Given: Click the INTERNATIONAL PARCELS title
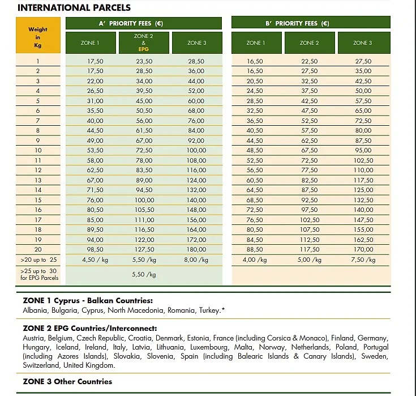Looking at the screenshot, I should (x=75, y=7).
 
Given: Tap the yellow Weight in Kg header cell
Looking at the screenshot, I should (x=38, y=37).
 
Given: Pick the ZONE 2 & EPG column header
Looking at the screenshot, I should (x=144, y=42).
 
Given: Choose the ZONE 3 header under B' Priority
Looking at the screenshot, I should (x=363, y=42).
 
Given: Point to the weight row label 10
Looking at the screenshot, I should (x=38, y=150).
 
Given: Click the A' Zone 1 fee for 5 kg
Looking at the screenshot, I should (x=95, y=100).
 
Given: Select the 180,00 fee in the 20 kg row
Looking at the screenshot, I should (x=196, y=249).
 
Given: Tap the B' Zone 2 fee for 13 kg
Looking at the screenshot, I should (x=310, y=180).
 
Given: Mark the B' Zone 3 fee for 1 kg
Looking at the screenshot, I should (x=363, y=61).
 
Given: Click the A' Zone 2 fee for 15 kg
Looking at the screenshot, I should (x=144, y=199).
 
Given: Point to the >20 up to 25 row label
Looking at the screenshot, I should (x=38, y=259).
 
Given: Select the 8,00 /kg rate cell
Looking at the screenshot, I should (x=196, y=259).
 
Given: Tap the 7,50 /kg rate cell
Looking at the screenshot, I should (x=363, y=259).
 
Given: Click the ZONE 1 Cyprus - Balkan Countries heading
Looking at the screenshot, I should (x=88, y=300).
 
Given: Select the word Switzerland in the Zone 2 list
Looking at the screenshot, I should (x=42, y=365).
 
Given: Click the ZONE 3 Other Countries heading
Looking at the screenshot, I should (x=67, y=381).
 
